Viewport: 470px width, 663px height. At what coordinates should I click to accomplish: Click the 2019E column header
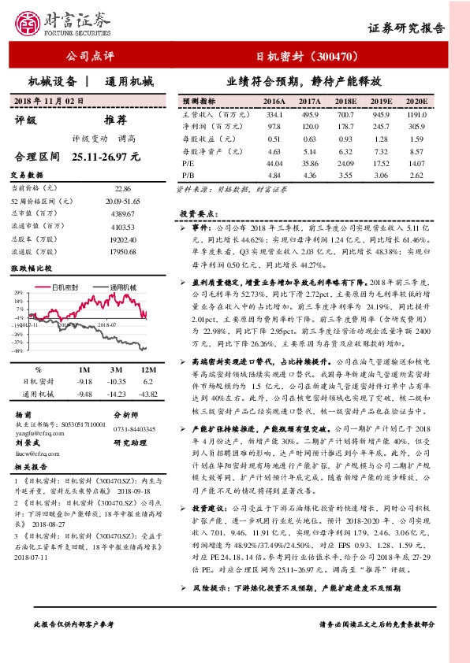click(x=382, y=102)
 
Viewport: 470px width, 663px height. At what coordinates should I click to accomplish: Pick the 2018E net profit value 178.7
click(x=346, y=126)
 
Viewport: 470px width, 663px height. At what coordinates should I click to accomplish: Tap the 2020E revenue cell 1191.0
click(x=416, y=114)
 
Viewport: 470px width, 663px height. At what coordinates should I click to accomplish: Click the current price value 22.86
click(x=123, y=189)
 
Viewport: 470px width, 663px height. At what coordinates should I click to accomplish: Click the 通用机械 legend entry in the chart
click(x=123, y=287)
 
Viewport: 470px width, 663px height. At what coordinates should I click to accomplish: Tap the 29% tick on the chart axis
click(x=17, y=293)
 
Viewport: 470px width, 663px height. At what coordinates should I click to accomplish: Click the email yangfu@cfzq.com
click(x=36, y=432)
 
